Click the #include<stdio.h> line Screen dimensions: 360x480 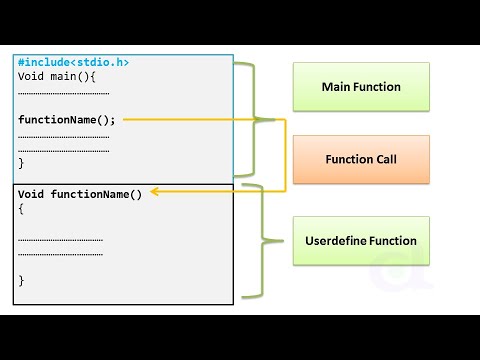coord(73,62)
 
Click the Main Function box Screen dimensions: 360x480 coord(361,87)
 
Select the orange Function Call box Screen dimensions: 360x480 coord(361,159)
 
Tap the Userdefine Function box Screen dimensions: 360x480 coord(361,240)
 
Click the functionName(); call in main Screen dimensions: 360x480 coord(67,120)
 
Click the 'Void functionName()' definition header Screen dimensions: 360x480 coord(80,194)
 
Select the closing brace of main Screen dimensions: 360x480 coord(21,162)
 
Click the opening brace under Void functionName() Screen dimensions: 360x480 coord(21,209)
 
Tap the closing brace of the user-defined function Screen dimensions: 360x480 coord(21,280)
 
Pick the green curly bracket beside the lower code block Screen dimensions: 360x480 coord(262,240)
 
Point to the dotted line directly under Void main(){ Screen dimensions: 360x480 coord(63,92)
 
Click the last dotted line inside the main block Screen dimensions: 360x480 coord(63,148)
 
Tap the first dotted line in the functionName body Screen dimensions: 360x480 coord(60,239)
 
